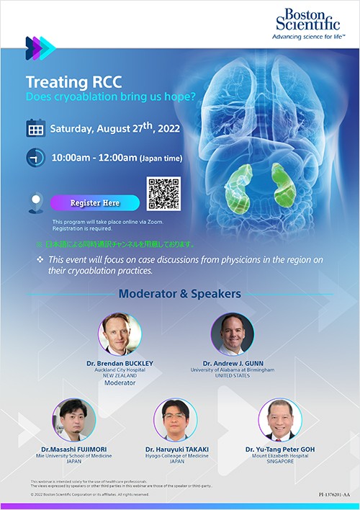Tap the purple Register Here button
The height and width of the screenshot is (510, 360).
click(95, 203)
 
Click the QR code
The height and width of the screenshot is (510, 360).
click(163, 194)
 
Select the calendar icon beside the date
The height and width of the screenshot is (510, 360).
click(35, 130)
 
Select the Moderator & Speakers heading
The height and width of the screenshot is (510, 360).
click(179, 294)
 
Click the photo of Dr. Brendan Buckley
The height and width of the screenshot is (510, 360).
click(120, 334)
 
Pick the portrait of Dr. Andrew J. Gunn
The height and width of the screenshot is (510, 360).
click(232, 334)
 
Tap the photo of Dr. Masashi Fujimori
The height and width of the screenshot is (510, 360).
click(73, 420)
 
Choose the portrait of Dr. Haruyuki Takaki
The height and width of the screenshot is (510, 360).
click(175, 420)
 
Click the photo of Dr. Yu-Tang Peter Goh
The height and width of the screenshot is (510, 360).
click(280, 420)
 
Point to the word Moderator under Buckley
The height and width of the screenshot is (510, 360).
click(120, 383)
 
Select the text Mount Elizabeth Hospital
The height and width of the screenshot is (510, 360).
click(280, 456)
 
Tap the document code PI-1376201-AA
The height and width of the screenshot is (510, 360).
click(335, 496)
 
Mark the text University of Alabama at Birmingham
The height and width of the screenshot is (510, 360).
click(232, 370)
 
